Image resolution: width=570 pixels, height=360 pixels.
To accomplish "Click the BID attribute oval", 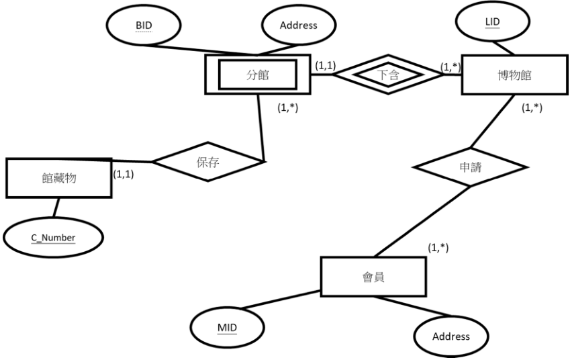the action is (144, 25).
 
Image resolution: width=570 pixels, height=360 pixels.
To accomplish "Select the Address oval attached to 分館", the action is (299, 25).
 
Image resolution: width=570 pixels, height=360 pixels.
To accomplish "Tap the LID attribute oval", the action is (493, 21).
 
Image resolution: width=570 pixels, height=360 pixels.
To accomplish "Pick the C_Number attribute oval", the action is (54, 238).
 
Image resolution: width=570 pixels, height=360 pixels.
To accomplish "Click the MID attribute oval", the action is (227, 328).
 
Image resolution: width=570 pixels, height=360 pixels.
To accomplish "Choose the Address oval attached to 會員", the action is (451, 336).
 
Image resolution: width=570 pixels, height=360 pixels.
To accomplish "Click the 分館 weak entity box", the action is (258, 75).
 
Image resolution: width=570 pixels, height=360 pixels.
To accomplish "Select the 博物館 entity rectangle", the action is (515, 75).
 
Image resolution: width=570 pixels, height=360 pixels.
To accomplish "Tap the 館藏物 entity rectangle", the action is (59, 178).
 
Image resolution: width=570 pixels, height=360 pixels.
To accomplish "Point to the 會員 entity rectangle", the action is (373, 277).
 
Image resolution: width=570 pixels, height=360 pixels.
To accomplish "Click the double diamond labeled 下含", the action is (388, 75).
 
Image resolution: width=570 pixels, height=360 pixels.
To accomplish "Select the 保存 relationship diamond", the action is (208, 162).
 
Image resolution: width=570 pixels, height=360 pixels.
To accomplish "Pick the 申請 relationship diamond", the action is (471, 167).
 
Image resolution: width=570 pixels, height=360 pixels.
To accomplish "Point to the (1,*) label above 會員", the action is (438, 248).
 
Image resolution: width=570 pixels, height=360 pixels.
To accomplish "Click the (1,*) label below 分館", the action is (287, 107).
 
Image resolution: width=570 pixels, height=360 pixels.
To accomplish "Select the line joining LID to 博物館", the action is (503, 48).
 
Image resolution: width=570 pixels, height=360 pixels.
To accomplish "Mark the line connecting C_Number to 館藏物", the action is (56, 208).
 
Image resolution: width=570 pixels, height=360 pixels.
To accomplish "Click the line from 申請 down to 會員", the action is (422, 222).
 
